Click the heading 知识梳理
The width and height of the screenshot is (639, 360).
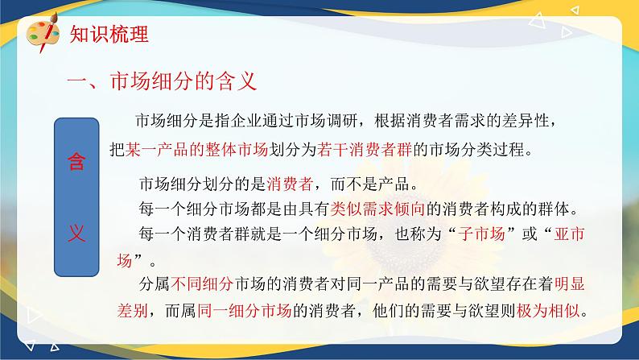click(x=109, y=34)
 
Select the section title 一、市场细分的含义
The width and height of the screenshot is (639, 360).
click(x=162, y=81)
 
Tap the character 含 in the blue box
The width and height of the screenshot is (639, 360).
click(x=76, y=161)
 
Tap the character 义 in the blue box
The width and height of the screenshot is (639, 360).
click(x=76, y=234)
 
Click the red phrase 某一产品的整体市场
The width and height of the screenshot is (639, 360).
click(x=196, y=150)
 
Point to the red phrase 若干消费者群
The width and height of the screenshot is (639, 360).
click(x=365, y=150)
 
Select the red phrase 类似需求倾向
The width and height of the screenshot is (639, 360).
click(x=377, y=209)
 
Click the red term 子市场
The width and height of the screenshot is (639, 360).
click(x=481, y=234)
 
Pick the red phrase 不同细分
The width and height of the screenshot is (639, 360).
click(x=202, y=283)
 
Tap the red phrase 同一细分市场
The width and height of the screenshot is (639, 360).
click(x=245, y=311)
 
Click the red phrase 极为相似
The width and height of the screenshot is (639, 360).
click(x=548, y=311)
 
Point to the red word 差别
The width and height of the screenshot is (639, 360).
click(x=133, y=311)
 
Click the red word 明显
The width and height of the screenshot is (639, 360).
click(x=570, y=283)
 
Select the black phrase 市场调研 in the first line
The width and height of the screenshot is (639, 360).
click(x=327, y=121)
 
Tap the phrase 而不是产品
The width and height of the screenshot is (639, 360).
click(x=369, y=184)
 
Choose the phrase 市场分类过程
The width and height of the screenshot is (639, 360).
click(x=476, y=150)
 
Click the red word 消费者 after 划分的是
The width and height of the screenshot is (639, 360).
click(x=290, y=184)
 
